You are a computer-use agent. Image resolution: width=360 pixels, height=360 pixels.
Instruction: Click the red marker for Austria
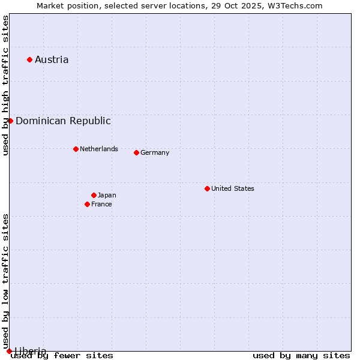(x=29, y=59)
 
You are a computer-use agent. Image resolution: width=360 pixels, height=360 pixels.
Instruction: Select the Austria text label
(x=52, y=59)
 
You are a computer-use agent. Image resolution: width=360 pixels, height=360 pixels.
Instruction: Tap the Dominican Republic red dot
(x=10, y=121)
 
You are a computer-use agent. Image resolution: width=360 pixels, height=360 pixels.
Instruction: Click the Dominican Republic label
(x=63, y=121)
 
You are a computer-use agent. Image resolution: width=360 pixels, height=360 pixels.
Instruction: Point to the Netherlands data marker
(x=76, y=149)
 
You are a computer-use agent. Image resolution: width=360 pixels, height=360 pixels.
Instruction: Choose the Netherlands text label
(x=98, y=149)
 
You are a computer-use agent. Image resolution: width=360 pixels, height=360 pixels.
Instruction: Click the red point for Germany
(x=136, y=152)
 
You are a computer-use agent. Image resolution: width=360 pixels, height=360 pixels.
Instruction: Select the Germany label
(x=155, y=152)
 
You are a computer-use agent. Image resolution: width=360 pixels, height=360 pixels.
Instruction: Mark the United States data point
(x=207, y=188)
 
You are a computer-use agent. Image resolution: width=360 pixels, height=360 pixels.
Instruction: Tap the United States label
(x=232, y=188)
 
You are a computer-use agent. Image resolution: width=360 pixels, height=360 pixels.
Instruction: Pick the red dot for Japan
(x=94, y=195)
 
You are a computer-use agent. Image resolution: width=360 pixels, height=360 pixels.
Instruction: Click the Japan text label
(x=107, y=195)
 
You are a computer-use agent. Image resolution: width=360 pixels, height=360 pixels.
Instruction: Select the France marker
(x=87, y=204)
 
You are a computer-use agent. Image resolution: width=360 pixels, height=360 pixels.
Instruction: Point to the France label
(x=101, y=204)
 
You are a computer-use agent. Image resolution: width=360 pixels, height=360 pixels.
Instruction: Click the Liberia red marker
(x=9, y=351)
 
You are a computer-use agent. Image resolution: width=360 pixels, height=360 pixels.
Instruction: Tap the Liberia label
(x=30, y=351)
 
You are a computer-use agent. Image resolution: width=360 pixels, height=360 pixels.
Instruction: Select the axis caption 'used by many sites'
(x=301, y=355)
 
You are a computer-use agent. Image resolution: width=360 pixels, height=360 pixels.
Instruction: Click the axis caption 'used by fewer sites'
(x=62, y=355)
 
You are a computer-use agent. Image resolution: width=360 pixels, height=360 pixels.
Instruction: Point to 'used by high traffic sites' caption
(x=5, y=85)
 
